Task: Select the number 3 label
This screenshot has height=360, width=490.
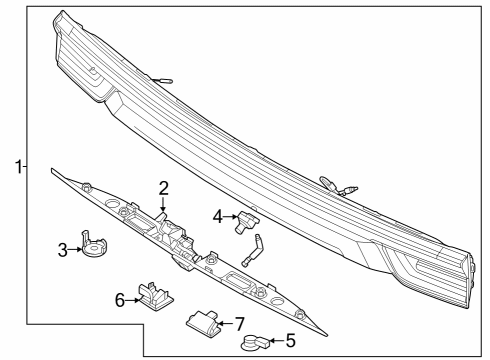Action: (62, 250)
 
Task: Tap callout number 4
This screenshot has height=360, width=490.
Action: (217, 215)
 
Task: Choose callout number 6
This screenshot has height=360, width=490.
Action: (119, 298)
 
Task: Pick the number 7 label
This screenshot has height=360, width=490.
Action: (239, 322)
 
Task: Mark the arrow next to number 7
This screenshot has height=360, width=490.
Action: (226, 322)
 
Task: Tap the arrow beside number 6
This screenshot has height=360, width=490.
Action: (132, 298)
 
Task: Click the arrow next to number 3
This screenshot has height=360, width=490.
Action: (75, 250)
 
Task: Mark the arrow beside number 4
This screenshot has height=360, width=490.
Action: (229, 215)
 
